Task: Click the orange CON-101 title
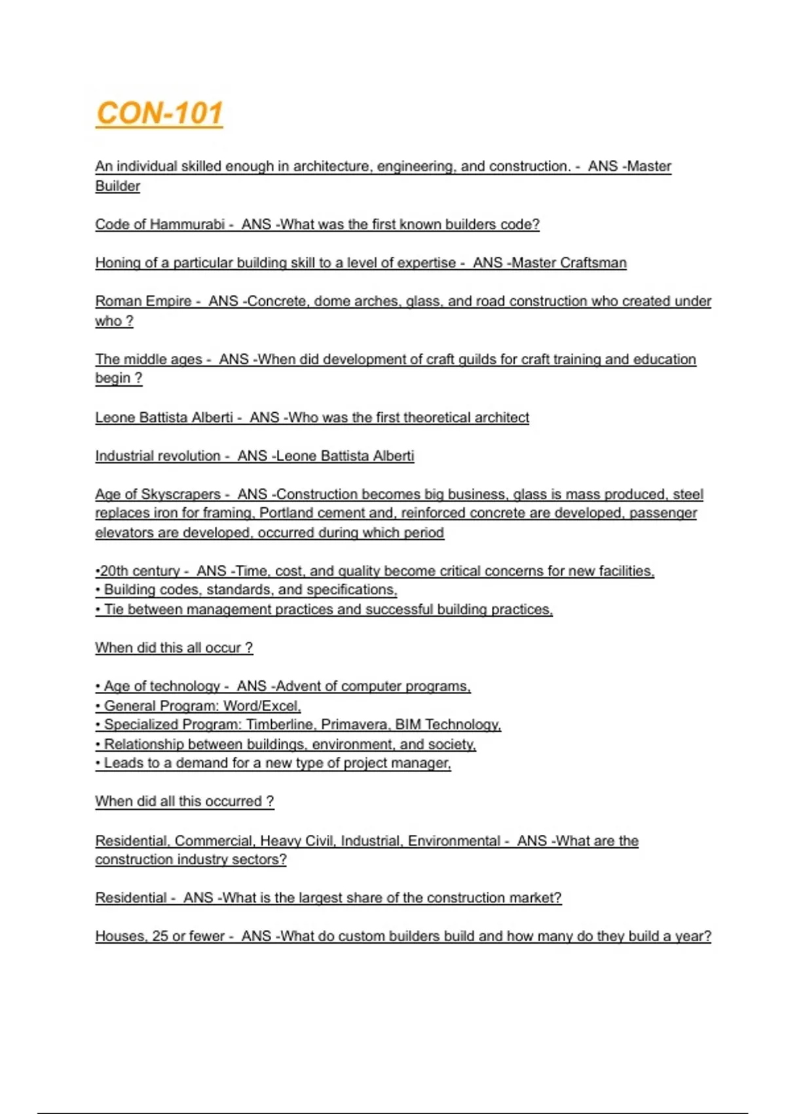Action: [159, 113]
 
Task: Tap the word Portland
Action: [286, 513]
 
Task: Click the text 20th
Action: [113, 571]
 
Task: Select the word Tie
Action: [114, 609]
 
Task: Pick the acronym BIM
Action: [408, 725]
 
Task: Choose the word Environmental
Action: [454, 841]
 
